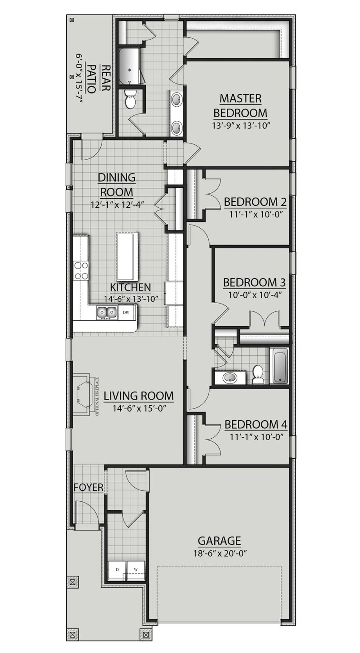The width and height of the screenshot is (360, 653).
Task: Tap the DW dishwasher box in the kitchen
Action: pyautogui.click(x=126, y=312)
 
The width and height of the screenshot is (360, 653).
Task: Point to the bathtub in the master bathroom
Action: pyautogui.click(x=129, y=66)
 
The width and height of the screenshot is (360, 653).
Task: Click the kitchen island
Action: pyautogui.click(x=128, y=256)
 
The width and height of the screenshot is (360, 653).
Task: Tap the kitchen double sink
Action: pyautogui.click(x=107, y=312)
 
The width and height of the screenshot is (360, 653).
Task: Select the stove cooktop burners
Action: pyautogui.click(x=81, y=270)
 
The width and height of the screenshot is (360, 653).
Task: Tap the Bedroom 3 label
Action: pyautogui.click(x=254, y=282)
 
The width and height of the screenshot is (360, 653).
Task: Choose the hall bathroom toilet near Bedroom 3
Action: pyautogui.click(x=257, y=374)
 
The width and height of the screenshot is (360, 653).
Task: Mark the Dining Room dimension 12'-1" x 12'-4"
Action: pyautogui.click(x=118, y=204)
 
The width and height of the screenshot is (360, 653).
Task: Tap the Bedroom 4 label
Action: pyautogui.click(x=256, y=425)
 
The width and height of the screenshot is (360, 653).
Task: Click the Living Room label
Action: pyautogui.click(x=139, y=396)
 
